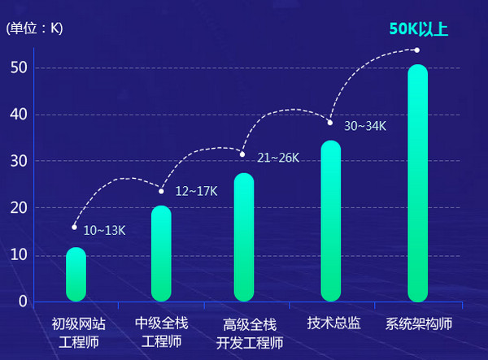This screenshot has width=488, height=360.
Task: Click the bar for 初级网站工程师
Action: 76,275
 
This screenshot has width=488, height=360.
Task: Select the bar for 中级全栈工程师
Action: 161,254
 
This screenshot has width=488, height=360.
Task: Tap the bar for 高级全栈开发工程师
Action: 244,237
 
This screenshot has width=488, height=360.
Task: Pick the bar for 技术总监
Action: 331,221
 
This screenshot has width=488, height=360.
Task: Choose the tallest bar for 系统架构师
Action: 417,183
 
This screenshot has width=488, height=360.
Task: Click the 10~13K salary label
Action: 104,231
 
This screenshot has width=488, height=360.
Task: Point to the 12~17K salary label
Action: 196,191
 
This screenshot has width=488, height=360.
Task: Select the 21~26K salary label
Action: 278,157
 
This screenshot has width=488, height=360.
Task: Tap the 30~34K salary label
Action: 365,126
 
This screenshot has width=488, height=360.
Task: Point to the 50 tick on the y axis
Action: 19,68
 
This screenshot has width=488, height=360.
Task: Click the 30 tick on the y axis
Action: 19,162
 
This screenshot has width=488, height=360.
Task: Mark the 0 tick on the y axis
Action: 23,301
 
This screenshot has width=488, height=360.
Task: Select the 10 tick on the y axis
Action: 19,255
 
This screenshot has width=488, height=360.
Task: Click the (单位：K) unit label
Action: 34,28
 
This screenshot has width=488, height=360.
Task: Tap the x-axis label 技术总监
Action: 333,323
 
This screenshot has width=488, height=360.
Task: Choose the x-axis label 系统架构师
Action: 419,323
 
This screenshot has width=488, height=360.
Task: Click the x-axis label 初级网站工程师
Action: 79,332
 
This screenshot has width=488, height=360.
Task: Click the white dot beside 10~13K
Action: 74,227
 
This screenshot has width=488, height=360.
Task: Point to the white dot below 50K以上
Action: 417,50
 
